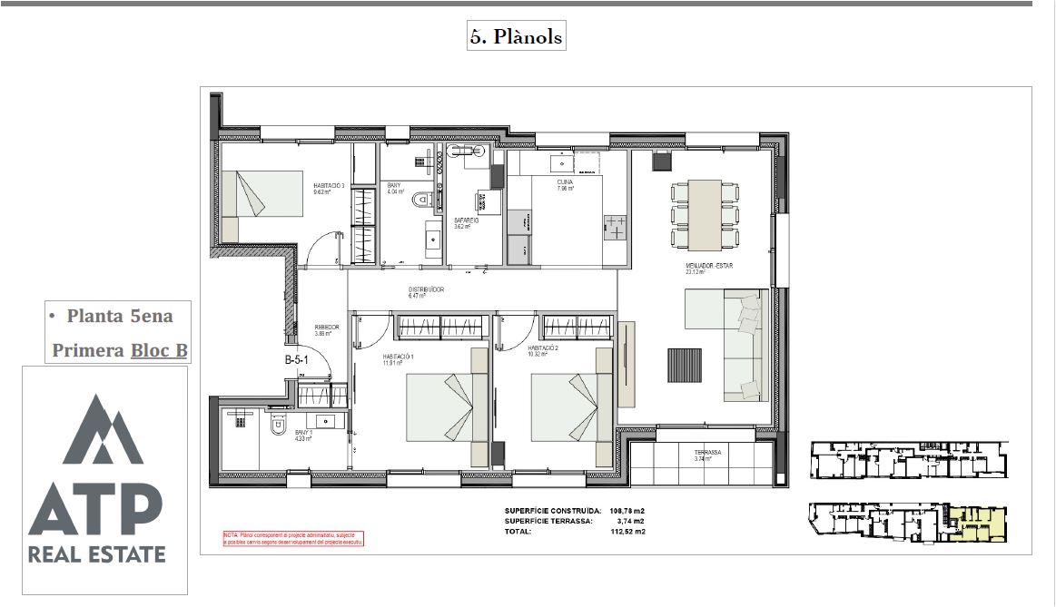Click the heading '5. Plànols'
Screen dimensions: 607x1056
(516, 36)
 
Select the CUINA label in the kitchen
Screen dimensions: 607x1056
(565, 182)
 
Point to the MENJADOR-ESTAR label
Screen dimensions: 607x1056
(709, 267)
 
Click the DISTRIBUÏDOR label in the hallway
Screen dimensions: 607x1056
(426, 290)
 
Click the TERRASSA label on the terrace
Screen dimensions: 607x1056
(707, 452)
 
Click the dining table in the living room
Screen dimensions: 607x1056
(705, 215)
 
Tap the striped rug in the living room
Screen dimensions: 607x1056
(685, 366)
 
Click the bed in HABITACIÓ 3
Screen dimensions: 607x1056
(262, 194)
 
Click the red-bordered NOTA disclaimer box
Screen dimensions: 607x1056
(293, 538)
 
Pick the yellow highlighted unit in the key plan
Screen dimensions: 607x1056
(975, 524)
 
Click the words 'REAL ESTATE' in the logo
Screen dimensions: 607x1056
(97, 554)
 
